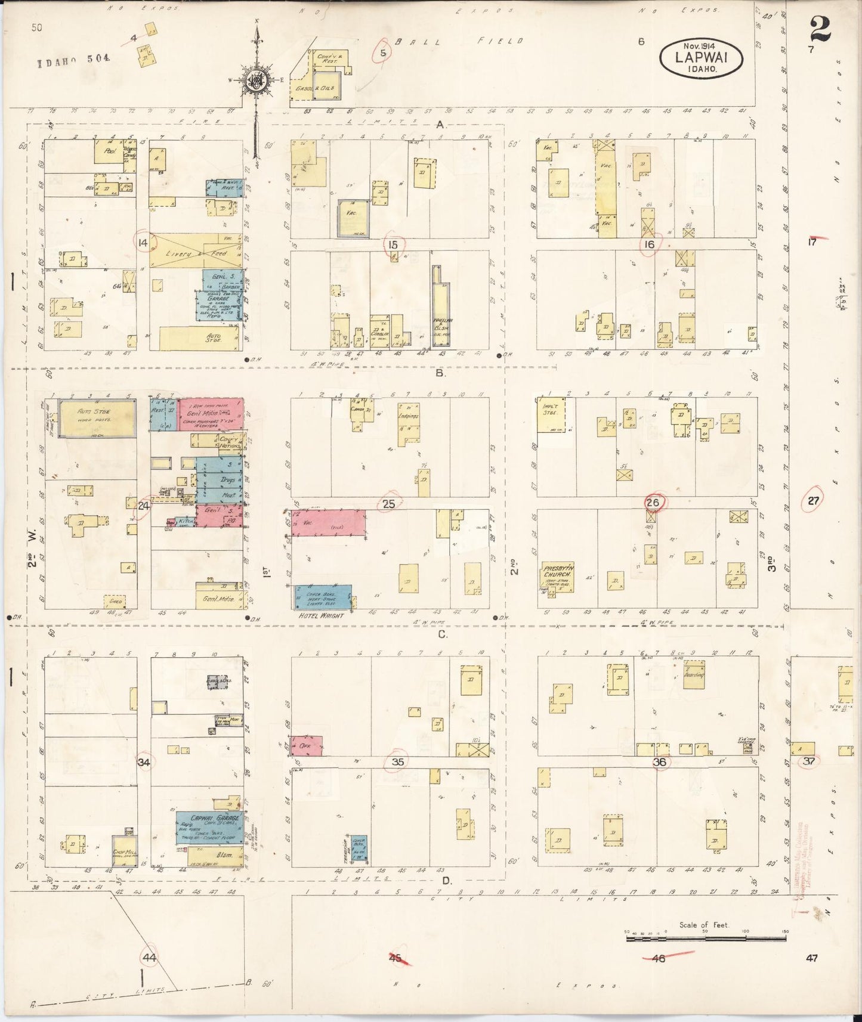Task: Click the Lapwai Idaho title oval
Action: [701, 57]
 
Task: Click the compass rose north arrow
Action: [257, 78]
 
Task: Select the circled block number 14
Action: [143, 242]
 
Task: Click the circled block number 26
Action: [653, 503]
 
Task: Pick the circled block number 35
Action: [398, 761]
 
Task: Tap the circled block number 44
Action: [149, 957]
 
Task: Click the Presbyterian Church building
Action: [557, 576]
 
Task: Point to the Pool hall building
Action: [109, 152]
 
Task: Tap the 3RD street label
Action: [771, 563]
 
